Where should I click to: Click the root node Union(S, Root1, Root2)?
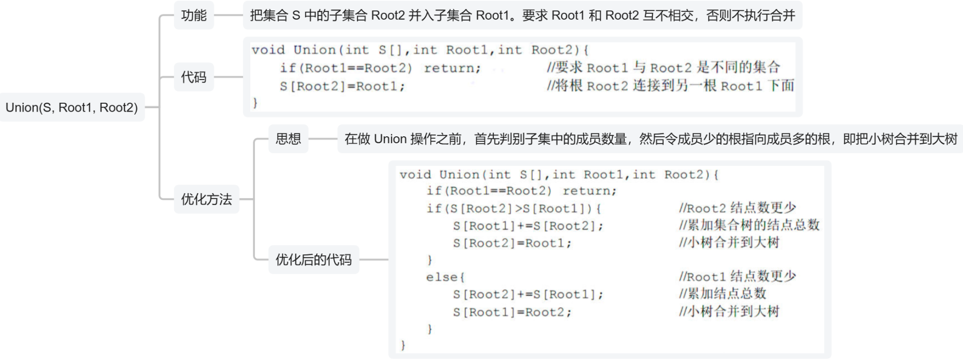tap(72, 107)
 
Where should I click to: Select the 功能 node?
tap(194, 15)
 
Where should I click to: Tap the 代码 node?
tap(194, 77)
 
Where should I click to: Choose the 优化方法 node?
tap(206, 200)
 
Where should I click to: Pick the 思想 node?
tap(288, 139)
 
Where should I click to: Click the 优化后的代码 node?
tap(314, 260)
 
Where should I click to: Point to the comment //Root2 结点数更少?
tap(737, 208)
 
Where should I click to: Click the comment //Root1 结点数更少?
tap(737, 277)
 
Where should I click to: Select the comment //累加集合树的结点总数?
tap(749, 225)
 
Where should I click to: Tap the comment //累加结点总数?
tap(722, 294)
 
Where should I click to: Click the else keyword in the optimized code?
tap(445, 277)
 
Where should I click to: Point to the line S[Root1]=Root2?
tap(512, 312)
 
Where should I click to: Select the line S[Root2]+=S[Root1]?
tap(528, 295)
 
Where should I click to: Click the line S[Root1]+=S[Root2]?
tap(528, 226)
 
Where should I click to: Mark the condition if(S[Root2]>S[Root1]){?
tap(514, 208)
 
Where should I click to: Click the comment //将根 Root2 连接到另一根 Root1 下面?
tap(670, 86)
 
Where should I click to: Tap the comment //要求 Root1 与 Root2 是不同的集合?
tap(663, 68)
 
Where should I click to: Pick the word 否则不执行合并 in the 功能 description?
tap(751, 15)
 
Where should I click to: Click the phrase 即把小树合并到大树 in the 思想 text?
tap(900, 139)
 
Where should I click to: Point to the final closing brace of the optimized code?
tap(403, 345)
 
